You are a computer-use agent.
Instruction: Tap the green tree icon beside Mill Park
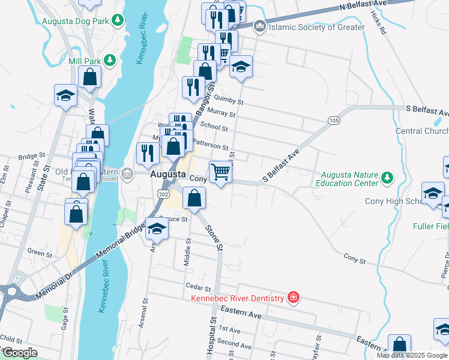pos(109,60)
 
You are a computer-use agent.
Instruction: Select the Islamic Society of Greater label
pos(317,27)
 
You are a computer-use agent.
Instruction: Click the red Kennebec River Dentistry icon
pos(293,298)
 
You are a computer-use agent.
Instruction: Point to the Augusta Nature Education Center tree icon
pos(387,178)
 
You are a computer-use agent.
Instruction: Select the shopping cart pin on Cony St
pos(220,172)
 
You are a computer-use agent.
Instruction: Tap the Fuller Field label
pos(430,227)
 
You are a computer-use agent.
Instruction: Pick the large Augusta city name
pos(167,174)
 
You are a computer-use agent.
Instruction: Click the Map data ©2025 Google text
pos(412,355)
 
